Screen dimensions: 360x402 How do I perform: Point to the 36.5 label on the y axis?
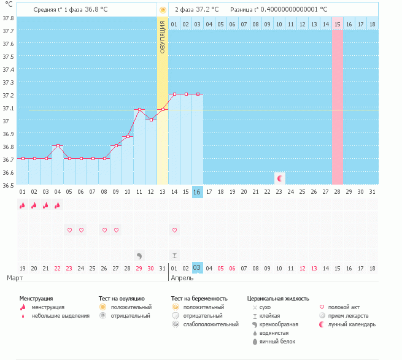8,185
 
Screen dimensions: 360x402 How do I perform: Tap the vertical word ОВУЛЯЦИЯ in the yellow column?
163,37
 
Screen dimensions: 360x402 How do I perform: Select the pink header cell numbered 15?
338,24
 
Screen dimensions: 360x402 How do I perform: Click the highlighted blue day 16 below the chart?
197,192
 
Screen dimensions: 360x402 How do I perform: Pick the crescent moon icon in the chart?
280,178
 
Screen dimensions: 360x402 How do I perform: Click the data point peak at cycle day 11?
139,110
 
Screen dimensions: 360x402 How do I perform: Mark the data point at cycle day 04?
57,146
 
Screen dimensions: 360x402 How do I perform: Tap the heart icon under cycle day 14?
174,230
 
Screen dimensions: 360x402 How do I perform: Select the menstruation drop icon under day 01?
22,206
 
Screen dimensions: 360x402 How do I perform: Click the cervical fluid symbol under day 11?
139,255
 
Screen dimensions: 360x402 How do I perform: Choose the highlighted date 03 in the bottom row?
197,268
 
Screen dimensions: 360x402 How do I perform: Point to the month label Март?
15,278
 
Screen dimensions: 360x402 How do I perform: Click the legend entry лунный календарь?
352,324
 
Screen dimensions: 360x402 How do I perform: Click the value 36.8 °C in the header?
99,10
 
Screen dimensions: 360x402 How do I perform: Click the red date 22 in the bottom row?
57,268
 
